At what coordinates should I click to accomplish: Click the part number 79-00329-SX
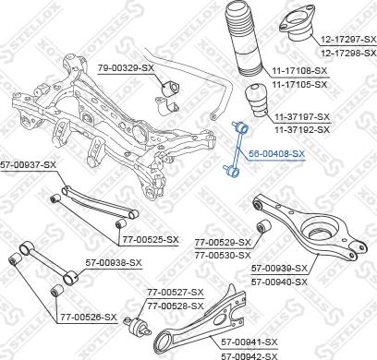pyautogui.click(x=127, y=67)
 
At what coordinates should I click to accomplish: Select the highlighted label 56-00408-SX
pyautogui.click(x=276, y=153)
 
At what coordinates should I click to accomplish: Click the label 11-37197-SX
pyautogui.click(x=301, y=117)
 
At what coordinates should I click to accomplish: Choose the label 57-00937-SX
pyautogui.click(x=29, y=164)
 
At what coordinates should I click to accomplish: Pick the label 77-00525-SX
pyautogui.click(x=149, y=239)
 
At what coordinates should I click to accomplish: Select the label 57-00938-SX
pyautogui.click(x=114, y=262)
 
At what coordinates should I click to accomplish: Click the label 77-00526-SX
pyautogui.click(x=88, y=317)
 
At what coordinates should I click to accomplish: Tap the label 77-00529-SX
pyautogui.click(x=222, y=242)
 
